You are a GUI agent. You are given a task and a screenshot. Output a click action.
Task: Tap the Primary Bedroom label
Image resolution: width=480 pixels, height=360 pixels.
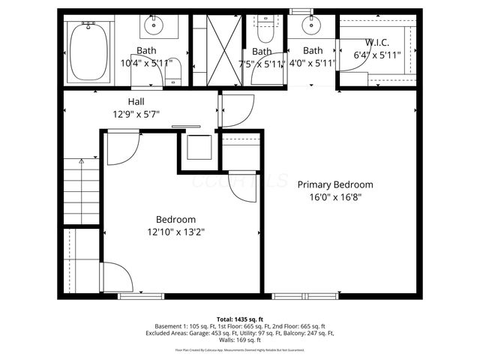(x=335, y=184)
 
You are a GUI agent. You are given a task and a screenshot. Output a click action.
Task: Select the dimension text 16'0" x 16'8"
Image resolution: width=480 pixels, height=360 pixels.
(x=335, y=198)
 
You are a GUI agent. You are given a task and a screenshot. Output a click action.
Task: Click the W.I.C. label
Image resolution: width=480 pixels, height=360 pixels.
(x=377, y=42)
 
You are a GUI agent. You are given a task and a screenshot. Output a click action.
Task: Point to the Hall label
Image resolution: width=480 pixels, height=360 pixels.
(x=136, y=101)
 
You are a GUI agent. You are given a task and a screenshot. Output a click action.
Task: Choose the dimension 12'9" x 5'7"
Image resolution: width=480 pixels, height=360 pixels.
(x=136, y=115)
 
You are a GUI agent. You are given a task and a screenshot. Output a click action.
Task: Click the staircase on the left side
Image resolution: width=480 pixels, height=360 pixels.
(x=81, y=192)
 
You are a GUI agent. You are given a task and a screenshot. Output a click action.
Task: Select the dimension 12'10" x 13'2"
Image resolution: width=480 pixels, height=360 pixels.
(x=176, y=232)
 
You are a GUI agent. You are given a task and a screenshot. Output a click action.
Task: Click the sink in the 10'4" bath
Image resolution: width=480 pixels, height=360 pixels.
(x=153, y=28)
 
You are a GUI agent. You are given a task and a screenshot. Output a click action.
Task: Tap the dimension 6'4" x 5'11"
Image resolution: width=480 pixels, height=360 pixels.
(x=377, y=55)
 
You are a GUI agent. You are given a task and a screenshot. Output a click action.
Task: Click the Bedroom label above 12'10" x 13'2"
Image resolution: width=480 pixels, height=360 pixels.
(x=176, y=219)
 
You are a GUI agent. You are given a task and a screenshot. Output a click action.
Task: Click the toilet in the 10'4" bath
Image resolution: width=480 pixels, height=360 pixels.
(x=175, y=73)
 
